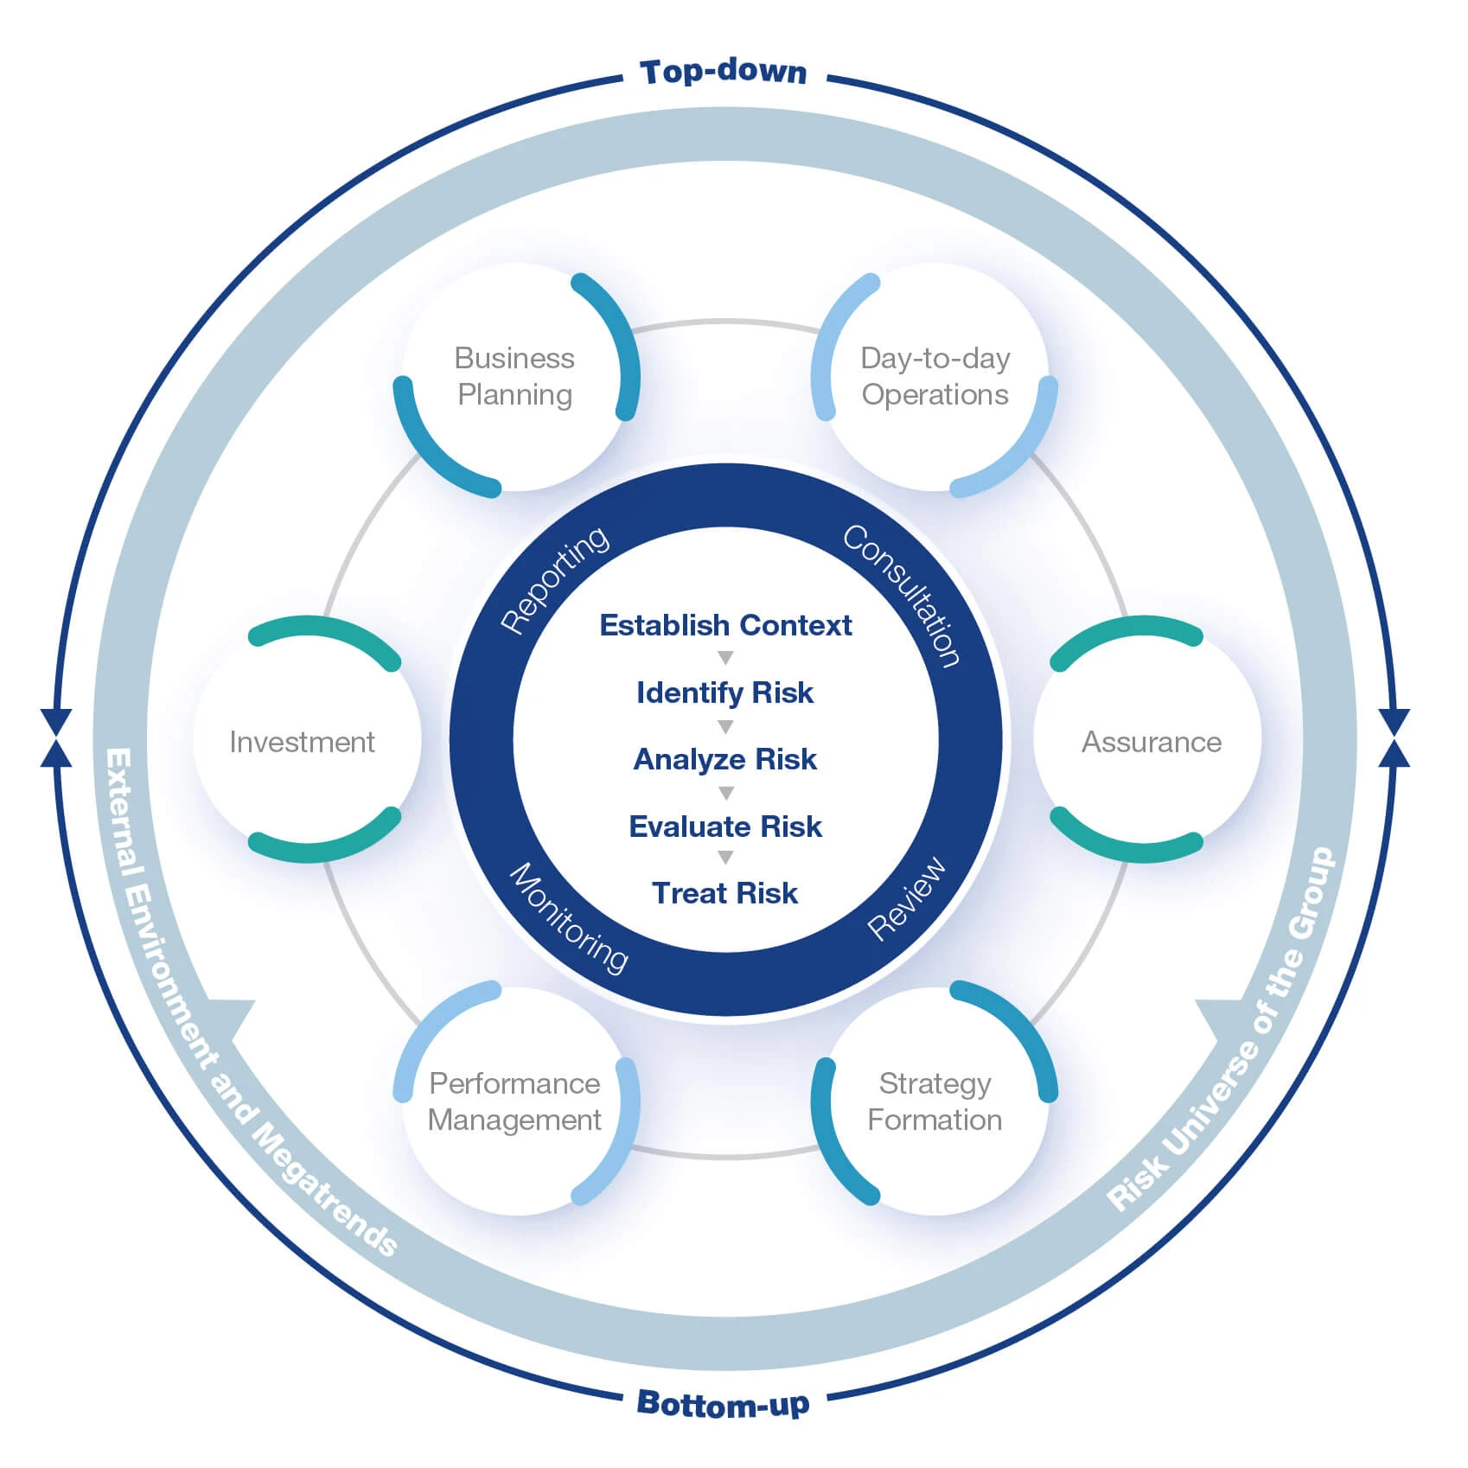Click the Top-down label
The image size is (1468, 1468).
click(723, 72)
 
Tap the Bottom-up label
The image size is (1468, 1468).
click(723, 1402)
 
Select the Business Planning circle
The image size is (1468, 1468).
click(515, 377)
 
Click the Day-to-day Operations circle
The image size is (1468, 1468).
click(935, 377)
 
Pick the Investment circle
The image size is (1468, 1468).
click(303, 742)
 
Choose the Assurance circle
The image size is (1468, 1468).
click(1151, 742)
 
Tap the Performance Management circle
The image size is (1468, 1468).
click(515, 1101)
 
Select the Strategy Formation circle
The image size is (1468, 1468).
click(935, 1101)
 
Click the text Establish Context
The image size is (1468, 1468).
click(725, 625)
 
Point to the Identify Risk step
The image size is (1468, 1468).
click(725, 693)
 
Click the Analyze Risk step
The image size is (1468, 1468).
click(725, 759)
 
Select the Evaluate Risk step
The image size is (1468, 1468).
click(725, 827)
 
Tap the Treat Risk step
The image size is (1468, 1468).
click(725, 893)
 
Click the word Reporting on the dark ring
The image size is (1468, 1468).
click(555, 579)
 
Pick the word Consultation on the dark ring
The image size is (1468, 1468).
click(902, 595)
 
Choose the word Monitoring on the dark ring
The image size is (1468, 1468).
click(568, 918)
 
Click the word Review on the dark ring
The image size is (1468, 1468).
click(906, 899)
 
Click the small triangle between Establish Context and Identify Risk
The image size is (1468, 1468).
click(725, 658)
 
